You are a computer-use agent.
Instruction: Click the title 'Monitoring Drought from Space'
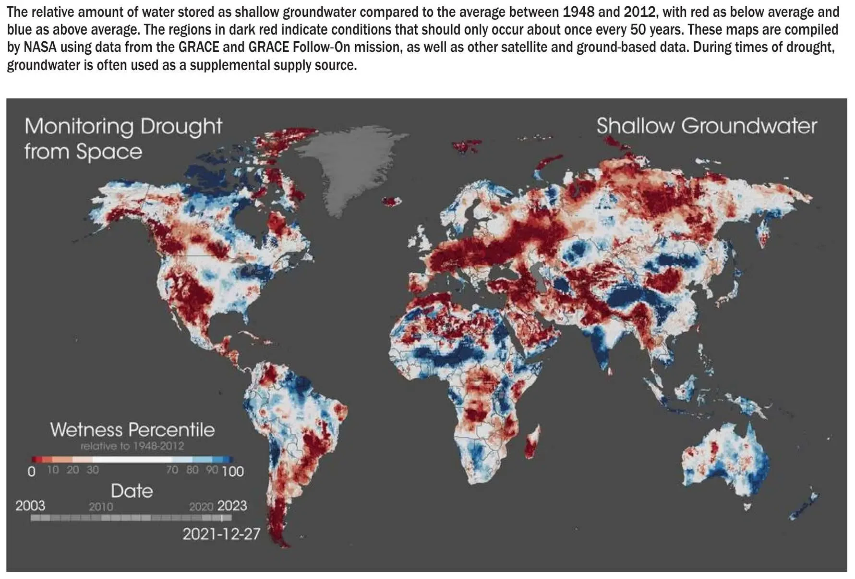click(x=123, y=138)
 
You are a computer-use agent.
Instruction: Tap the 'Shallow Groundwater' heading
click(x=706, y=126)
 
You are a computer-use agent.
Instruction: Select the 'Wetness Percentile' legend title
click(x=132, y=429)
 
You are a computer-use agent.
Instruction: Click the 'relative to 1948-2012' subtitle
click(x=132, y=446)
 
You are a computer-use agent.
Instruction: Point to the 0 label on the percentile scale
click(x=32, y=471)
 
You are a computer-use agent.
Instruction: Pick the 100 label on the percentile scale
click(x=233, y=471)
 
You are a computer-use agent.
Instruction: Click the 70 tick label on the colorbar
click(x=172, y=470)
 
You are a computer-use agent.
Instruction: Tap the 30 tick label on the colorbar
click(x=93, y=470)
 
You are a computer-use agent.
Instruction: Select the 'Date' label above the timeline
click(x=132, y=491)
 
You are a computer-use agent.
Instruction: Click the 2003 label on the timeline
click(x=30, y=506)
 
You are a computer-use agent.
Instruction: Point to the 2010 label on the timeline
click(x=101, y=507)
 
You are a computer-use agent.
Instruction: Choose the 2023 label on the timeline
click(x=232, y=506)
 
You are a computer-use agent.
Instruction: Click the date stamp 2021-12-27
click(x=221, y=533)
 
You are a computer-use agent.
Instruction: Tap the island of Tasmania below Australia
click(x=747, y=506)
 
